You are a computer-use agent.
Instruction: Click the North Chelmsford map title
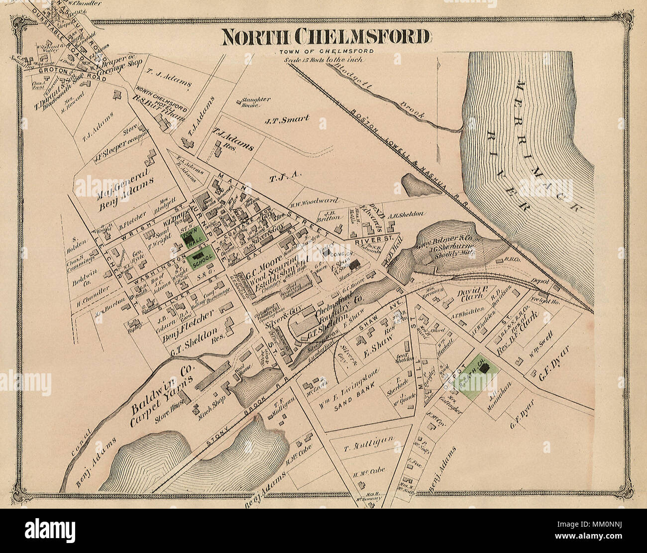point(325,37)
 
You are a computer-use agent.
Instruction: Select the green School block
point(202,260)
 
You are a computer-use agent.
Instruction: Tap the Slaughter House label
point(256,102)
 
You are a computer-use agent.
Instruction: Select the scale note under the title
point(324,60)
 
